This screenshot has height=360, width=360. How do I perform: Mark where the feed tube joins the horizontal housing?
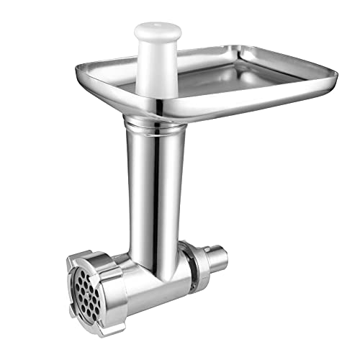coord(155,248)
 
